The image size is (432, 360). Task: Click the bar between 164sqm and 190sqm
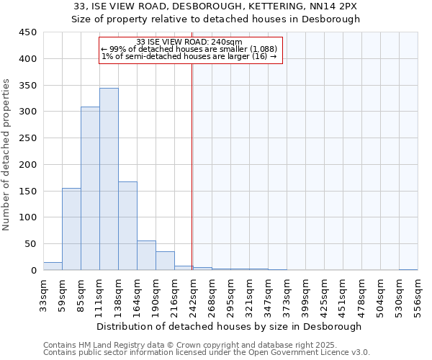coord(146,255)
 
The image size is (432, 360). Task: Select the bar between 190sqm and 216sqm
coord(165,261)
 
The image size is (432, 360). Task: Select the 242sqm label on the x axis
coord(193,294)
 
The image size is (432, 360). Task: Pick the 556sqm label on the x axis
coord(418,294)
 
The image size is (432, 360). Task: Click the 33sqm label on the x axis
coord(43,294)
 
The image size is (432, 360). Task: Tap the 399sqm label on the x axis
coord(305,294)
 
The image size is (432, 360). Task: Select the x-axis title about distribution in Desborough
coord(230,326)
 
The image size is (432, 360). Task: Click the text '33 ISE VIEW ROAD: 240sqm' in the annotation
coord(189,42)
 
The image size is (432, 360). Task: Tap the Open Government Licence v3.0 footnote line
coord(207,352)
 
